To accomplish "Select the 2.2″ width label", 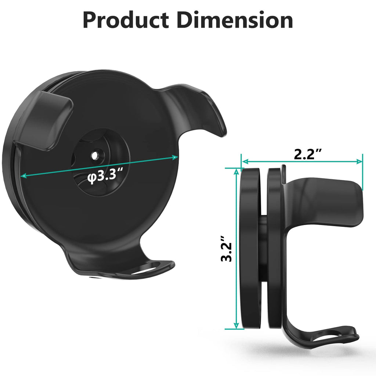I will tap(308, 154).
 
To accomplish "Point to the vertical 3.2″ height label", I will tap(227, 252).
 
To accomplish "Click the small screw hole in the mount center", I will tap(97, 155).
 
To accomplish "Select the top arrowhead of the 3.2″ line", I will tap(236, 171).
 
